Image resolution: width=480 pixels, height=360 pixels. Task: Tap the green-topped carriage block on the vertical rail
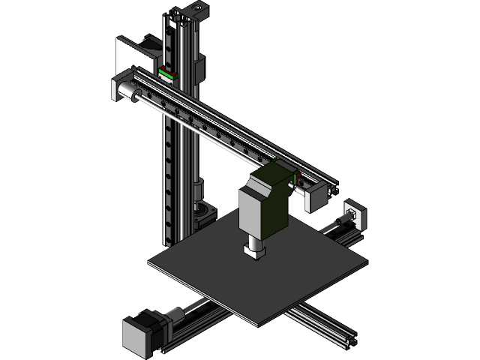tap(166, 74)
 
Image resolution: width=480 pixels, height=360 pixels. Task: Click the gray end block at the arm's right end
tap(315, 197)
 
